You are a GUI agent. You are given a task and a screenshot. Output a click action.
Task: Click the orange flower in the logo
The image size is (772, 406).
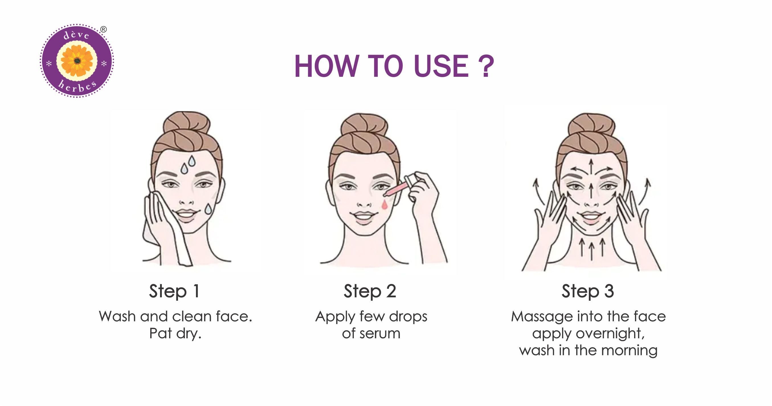77,61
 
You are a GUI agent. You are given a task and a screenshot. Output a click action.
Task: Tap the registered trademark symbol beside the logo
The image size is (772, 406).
103,29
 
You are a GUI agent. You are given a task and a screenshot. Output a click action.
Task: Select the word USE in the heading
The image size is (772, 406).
441,67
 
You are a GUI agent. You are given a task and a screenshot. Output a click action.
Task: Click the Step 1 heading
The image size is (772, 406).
174,291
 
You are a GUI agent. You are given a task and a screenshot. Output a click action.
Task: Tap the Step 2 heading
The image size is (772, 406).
370,291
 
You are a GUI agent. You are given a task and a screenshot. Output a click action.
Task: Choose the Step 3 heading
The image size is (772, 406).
588,291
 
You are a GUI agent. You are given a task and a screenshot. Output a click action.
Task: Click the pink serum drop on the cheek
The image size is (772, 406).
384,205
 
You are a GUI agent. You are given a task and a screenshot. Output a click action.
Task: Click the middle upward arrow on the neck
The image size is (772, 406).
591,251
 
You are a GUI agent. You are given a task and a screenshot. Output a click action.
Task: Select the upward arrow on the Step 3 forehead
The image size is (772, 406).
591,166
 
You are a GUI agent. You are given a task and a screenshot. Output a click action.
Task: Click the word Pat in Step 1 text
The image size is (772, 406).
160,333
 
